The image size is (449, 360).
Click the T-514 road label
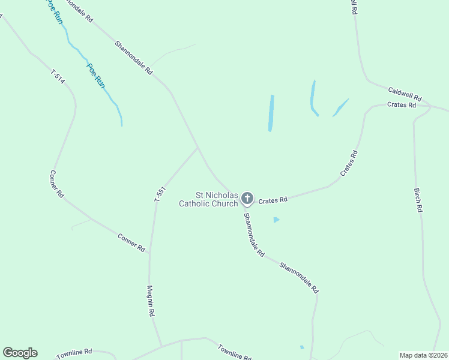coord(58,77)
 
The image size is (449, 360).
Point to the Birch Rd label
coord(418,200)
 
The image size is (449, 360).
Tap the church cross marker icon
coord(247,199)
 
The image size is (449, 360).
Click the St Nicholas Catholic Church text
coord(208,199)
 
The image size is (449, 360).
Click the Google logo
coord(20,353)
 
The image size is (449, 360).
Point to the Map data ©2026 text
coord(424,355)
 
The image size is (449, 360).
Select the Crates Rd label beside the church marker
coord(273,200)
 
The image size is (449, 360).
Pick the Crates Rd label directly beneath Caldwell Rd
coord(402,105)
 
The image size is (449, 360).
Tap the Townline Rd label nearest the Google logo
coord(74,354)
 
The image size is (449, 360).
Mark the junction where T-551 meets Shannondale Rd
coord(197,148)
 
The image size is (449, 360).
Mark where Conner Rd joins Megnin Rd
coord(149,252)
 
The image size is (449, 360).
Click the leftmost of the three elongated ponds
coord(271,113)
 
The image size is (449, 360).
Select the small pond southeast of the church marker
coord(276,220)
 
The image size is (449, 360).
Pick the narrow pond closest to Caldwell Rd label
coord(340,108)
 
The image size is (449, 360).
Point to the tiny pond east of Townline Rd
coord(302,347)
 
